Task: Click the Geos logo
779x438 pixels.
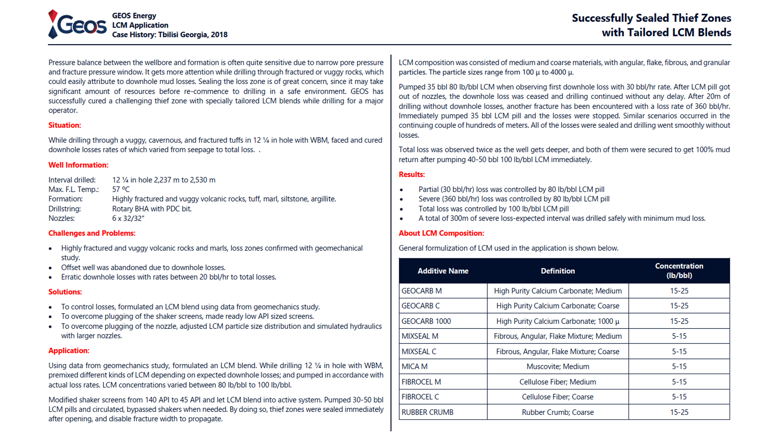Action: tap(77, 25)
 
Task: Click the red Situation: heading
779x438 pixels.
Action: tap(65, 125)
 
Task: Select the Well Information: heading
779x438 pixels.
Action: tap(78, 165)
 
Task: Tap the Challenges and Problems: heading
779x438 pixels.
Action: tap(92, 233)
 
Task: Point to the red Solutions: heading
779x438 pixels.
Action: tap(65, 292)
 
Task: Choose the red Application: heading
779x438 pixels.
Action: tap(69, 351)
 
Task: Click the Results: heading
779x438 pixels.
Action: tap(411, 174)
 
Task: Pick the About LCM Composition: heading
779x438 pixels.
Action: tap(441, 233)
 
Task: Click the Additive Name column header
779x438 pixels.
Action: tap(443, 271)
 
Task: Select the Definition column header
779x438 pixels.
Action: tap(557, 271)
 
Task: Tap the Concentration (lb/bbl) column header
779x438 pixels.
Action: tap(679, 271)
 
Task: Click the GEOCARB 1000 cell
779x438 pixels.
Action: tap(426, 321)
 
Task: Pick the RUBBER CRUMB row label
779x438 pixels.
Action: tap(427, 412)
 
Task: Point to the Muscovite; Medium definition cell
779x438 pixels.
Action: tap(557, 367)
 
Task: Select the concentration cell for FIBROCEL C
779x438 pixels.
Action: tap(679, 397)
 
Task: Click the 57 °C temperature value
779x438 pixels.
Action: tap(121, 189)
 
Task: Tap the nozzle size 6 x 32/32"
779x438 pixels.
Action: tap(128, 219)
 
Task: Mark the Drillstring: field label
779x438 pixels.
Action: tap(65, 209)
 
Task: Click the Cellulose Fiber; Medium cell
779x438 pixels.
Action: tap(557, 382)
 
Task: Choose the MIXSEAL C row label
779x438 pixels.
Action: tap(419, 352)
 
